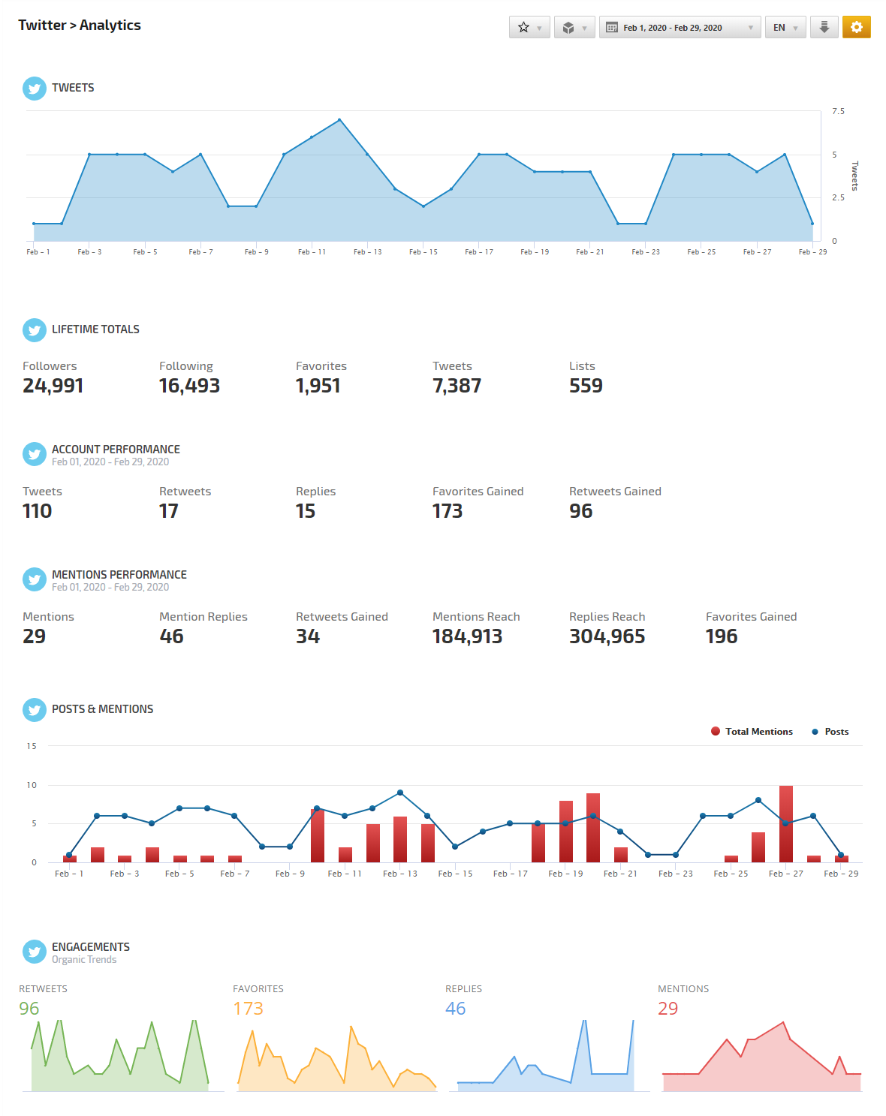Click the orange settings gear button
[x=856, y=27]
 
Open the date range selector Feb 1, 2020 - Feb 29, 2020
[x=680, y=28]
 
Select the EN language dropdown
[x=785, y=28]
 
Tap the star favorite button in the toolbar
[x=529, y=28]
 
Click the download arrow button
[x=824, y=27]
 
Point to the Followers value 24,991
[x=53, y=386]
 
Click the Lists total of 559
[x=586, y=386]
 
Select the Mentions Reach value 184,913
[x=467, y=636]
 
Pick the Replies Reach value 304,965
[x=607, y=636]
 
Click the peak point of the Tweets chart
[x=339, y=119]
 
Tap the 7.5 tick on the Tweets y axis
[x=838, y=111]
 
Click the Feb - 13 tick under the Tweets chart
[x=368, y=252]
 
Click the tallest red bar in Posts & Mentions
[x=786, y=823]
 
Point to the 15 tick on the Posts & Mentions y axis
[x=32, y=746]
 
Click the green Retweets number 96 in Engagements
[x=29, y=1009]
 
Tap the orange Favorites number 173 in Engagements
[x=248, y=1009]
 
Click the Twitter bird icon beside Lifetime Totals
[x=35, y=330]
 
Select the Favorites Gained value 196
[x=722, y=636]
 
